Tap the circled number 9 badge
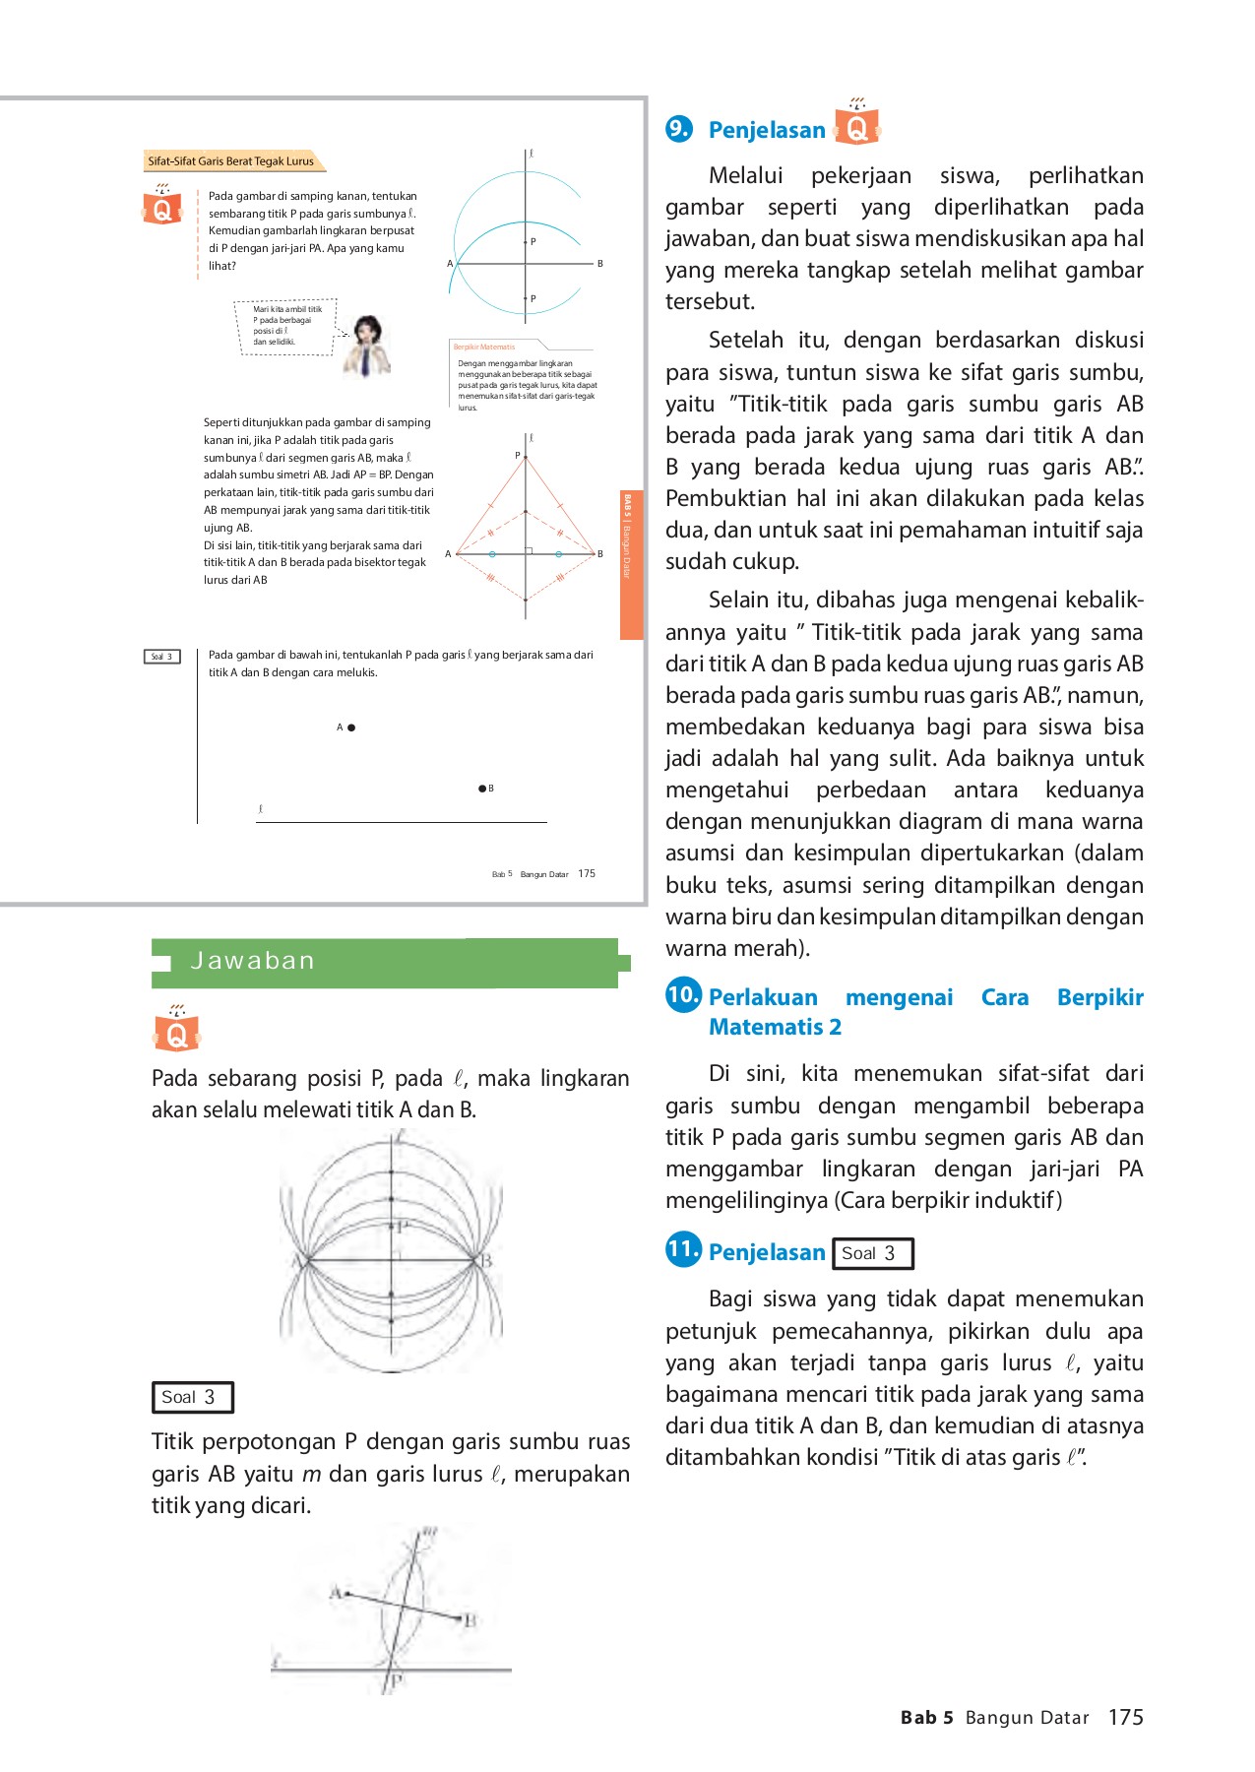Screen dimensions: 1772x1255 coord(679,129)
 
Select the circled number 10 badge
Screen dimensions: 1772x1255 coord(683,994)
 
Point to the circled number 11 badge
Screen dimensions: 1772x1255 coord(683,1250)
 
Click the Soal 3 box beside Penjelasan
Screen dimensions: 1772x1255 coord(872,1253)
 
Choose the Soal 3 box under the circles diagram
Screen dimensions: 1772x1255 coord(192,1397)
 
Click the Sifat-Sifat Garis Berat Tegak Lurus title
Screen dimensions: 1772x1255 coord(231,161)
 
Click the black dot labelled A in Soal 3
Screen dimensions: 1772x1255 coord(351,728)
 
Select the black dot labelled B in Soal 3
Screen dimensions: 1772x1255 coord(481,789)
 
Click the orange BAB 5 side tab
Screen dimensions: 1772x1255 coord(630,565)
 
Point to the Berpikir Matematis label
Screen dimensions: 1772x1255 coord(484,348)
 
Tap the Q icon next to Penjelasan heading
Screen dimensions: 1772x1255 coord(856,124)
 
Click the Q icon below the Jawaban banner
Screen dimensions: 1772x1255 coord(177,1030)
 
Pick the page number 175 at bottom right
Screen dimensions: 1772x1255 coord(1125,1718)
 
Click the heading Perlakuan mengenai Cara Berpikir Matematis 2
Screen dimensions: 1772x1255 coord(925,1012)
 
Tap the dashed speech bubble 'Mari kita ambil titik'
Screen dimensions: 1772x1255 coord(287,326)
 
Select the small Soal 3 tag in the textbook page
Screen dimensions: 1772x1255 coord(161,657)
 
